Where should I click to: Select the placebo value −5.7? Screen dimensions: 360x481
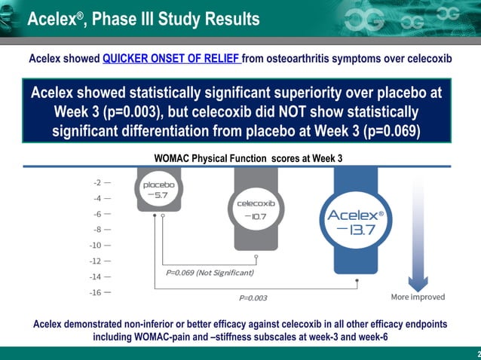pos(159,195)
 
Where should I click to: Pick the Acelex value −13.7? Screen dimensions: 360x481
pos(355,229)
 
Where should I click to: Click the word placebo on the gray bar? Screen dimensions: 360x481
pos(159,184)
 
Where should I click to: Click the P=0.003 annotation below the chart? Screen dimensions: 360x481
pos(253,298)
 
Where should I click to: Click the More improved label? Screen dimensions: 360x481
pos(417,296)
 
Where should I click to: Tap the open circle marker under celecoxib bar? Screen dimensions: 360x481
pos(256,256)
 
